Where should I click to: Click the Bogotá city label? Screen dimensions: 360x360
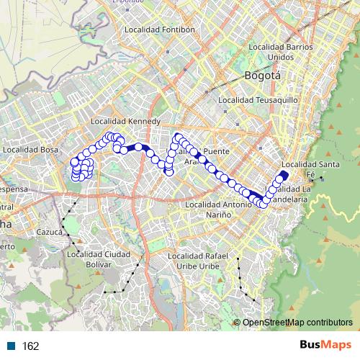pyautogui.click(x=262, y=75)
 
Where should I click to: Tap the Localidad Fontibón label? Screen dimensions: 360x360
pyautogui.click(x=160, y=30)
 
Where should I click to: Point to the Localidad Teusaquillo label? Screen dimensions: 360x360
pyautogui.click(x=252, y=99)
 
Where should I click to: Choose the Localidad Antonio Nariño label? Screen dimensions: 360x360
pyautogui.click(x=217, y=210)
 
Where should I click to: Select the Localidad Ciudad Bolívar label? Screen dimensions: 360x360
pyautogui.click(x=98, y=258)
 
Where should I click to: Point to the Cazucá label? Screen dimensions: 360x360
pyautogui.click(x=50, y=233)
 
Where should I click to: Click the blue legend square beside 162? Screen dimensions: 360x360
pyautogui.click(x=12, y=346)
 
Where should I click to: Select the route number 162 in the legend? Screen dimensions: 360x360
pyautogui.click(x=31, y=346)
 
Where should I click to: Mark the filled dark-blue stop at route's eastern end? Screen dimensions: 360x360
pyautogui.click(x=283, y=175)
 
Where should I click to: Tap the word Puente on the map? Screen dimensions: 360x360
pyautogui.click(x=216, y=152)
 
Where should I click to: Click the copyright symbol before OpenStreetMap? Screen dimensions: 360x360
pyautogui.click(x=237, y=323)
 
